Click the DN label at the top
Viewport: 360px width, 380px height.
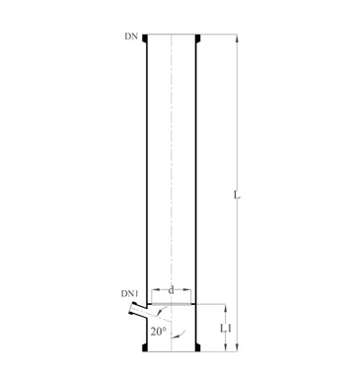[131, 37]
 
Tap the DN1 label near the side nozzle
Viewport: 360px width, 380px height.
[130, 293]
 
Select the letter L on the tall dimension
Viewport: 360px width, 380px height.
[237, 194]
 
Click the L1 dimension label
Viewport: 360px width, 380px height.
[225, 328]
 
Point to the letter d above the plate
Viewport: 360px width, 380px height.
[171, 290]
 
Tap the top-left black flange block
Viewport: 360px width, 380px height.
[145, 38]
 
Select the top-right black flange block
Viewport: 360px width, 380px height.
[198, 38]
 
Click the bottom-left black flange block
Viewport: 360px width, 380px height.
[145, 347]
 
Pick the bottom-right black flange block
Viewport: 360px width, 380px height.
[198, 347]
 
